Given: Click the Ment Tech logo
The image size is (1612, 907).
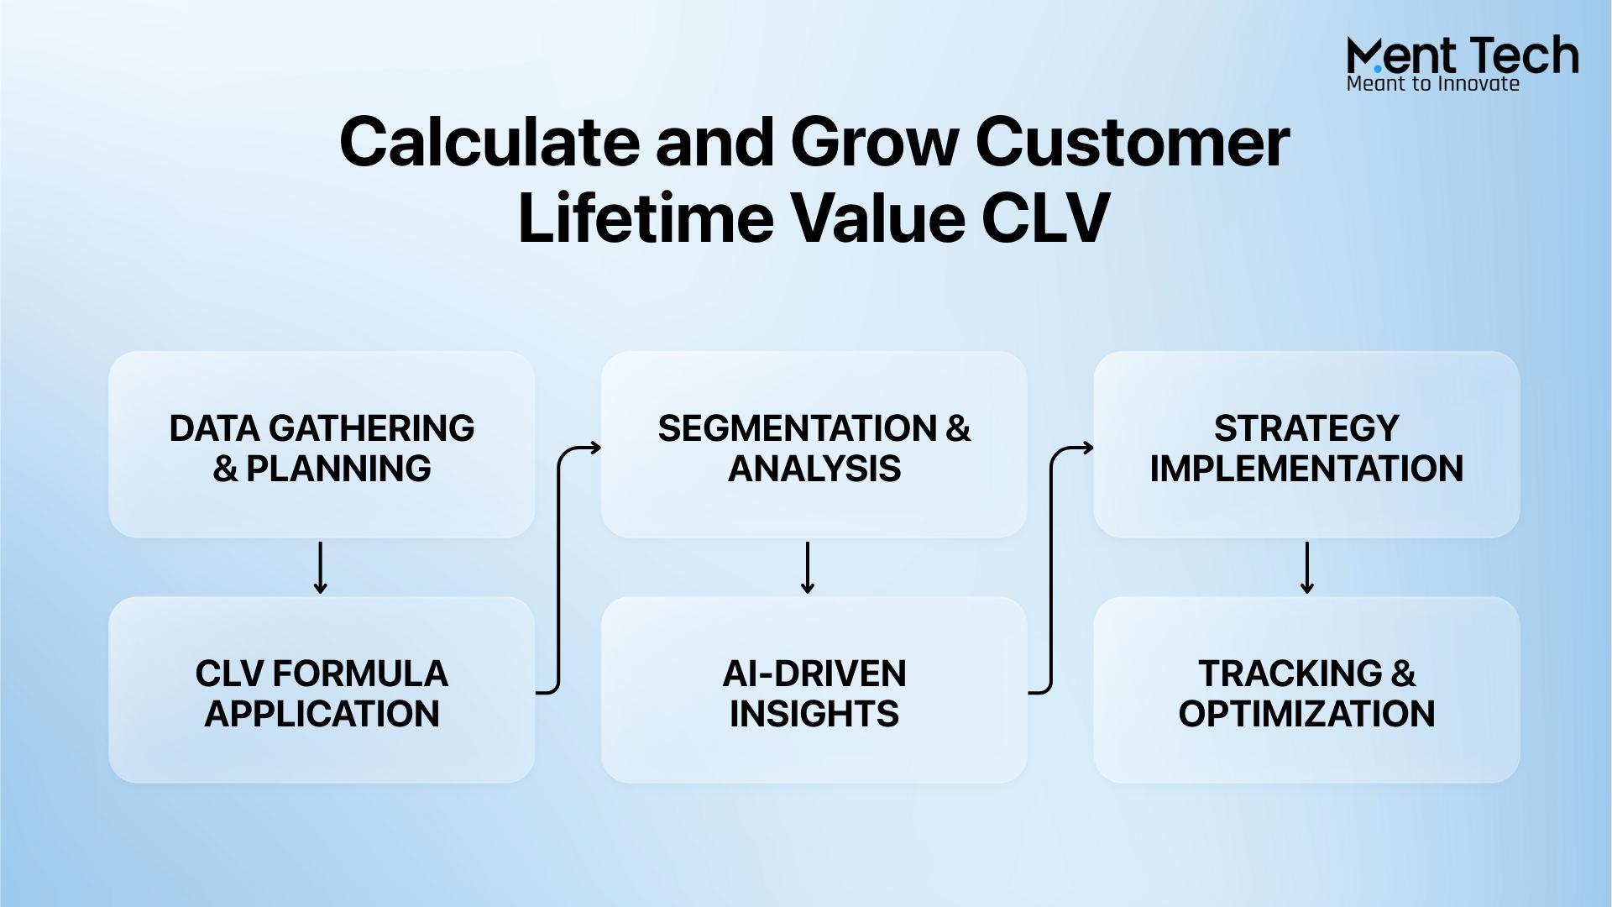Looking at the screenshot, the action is tap(1463, 63).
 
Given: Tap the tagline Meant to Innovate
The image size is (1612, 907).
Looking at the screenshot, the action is tap(1432, 83).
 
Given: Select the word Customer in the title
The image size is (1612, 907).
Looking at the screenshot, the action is tap(1132, 142).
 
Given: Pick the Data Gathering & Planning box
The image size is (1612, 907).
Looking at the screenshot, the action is tap(322, 444).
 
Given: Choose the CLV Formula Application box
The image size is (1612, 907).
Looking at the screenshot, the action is tap(322, 689).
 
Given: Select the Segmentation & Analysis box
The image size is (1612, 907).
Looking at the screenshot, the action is tap(814, 444).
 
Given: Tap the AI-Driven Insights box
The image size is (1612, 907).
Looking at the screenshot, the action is tap(814, 689).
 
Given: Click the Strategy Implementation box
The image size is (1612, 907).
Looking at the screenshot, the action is tap(1306, 444).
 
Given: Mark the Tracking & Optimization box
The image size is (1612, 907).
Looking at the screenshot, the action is tap(1306, 689).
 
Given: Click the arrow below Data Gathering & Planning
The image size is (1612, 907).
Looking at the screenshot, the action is tap(320, 568).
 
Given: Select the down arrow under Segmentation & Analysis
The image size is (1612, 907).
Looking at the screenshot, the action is tap(808, 568).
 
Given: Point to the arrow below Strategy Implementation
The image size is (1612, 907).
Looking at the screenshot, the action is tap(1306, 568).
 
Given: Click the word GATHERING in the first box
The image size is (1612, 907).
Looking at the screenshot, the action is tap(371, 428).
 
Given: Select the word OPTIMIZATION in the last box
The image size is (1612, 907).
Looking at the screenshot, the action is tap(1306, 714).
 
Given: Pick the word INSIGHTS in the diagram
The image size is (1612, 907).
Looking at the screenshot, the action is tap(814, 714).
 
